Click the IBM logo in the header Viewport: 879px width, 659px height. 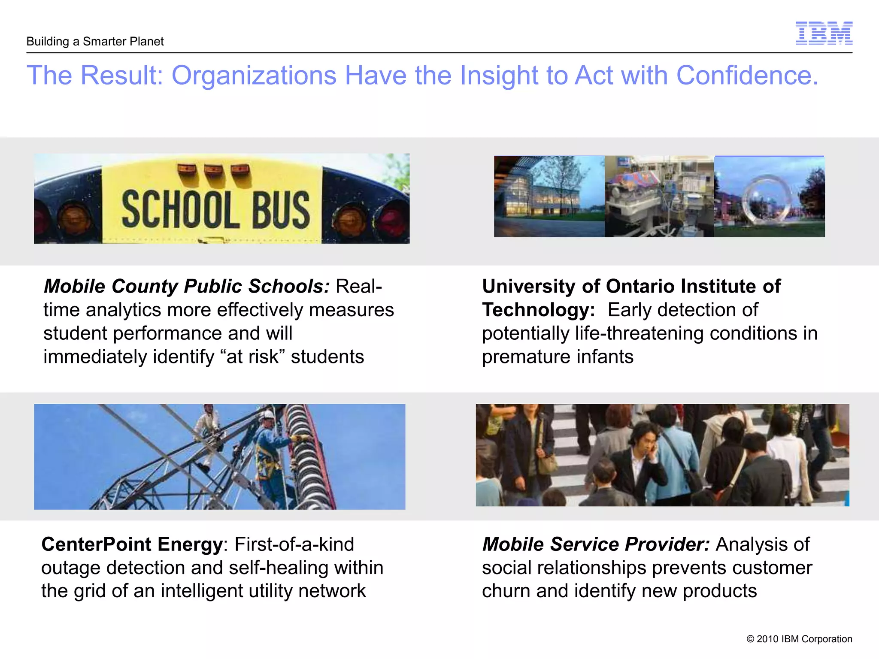(824, 33)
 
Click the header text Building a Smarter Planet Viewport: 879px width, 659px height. (95, 42)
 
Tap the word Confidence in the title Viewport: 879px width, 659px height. (747, 76)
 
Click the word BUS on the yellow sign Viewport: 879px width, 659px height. (281, 210)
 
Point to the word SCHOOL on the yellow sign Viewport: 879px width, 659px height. (180, 210)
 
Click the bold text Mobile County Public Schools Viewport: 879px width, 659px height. (187, 286)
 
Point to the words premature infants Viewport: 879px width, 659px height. (558, 357)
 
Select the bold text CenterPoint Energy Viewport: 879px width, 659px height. (132, 544)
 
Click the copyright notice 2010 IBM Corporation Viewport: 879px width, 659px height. (799, 639)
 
